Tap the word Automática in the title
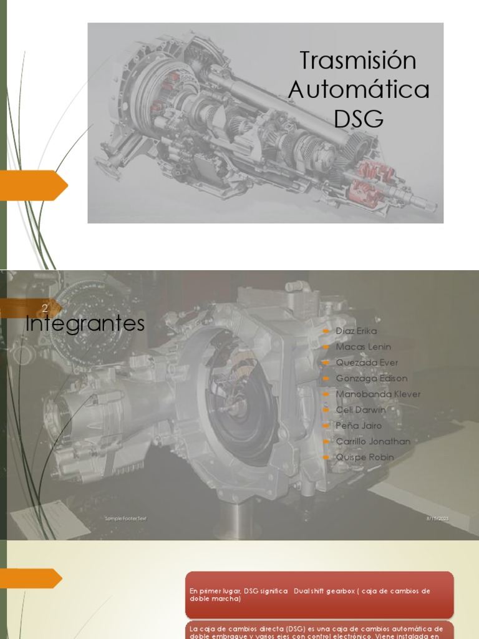point(359,90)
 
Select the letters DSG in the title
point(359,118)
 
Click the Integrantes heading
point(85,324)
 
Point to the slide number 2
point(45,308)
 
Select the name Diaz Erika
point(356,331)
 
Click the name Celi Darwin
point(360,410)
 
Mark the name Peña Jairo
point(359,426)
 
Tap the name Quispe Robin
point(365,457)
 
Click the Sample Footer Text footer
point(125,519)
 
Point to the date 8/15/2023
point(437,519)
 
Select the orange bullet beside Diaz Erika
point(326,331)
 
